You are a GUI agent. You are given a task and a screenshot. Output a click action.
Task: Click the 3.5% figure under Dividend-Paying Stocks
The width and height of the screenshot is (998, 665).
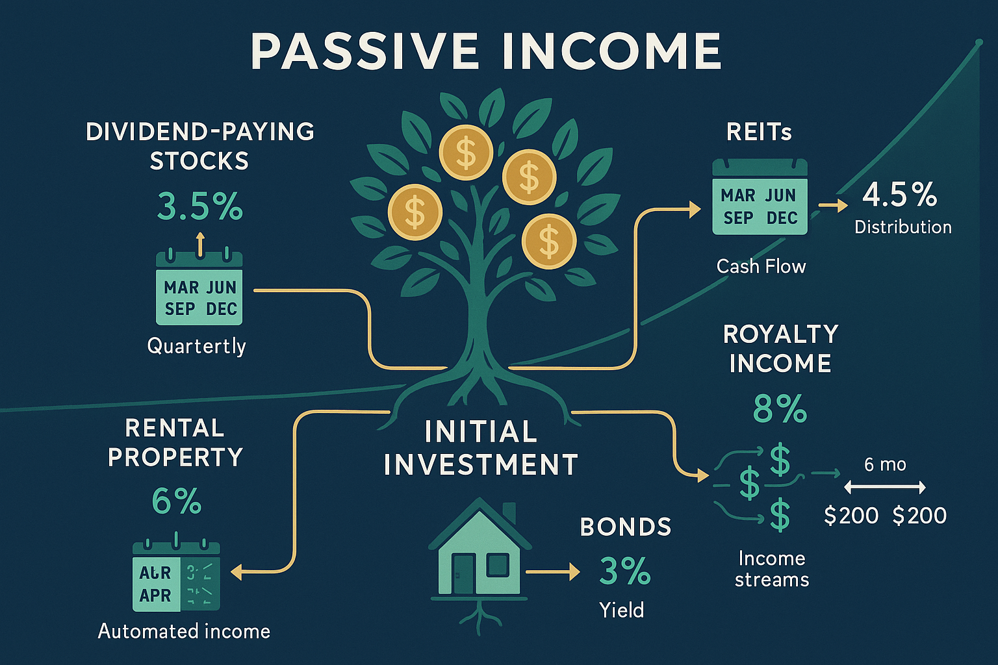(x=199, y=207)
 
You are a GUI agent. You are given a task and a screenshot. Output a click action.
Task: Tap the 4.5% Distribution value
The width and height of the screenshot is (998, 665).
(x=900, y=195)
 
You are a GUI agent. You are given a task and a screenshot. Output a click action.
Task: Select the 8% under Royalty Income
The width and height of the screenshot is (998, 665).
(x=780, y=409)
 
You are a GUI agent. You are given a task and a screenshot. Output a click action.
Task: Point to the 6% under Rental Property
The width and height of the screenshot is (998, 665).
(x=176, y=501)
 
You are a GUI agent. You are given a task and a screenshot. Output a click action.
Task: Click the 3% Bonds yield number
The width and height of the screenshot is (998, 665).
(x=624, y=571)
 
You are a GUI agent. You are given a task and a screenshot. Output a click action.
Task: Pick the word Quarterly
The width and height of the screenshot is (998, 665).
(x=196, y=345)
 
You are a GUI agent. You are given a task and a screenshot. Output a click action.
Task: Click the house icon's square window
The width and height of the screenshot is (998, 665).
(x=497, y=564)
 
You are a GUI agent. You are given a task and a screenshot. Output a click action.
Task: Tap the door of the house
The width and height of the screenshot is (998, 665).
(x=463, y=573)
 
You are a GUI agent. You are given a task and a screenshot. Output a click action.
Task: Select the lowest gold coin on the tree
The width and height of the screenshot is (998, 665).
(x=549, y=241)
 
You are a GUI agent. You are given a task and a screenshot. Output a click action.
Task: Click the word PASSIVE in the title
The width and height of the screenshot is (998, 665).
(x=364, y=52)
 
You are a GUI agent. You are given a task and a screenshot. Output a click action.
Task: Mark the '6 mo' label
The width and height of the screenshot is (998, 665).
(x=885, y=464)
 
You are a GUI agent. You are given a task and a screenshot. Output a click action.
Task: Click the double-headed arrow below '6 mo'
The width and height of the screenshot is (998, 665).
(x=885, y=487)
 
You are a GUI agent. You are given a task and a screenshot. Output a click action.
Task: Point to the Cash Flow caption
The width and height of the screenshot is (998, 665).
(x=761, y=266)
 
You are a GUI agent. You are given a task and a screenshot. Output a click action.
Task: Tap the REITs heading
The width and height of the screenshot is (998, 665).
(x=759, y=132)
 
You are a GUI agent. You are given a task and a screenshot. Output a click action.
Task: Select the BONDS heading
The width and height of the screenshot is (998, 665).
(x=625, y=527)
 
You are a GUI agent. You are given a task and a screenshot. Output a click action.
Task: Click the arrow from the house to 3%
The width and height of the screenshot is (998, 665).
(x=552, y=572)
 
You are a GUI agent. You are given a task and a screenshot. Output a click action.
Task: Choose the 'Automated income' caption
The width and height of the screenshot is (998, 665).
(x=184, y=631)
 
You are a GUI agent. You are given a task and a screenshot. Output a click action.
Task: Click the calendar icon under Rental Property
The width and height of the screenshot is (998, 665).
(x=176, y=575)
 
